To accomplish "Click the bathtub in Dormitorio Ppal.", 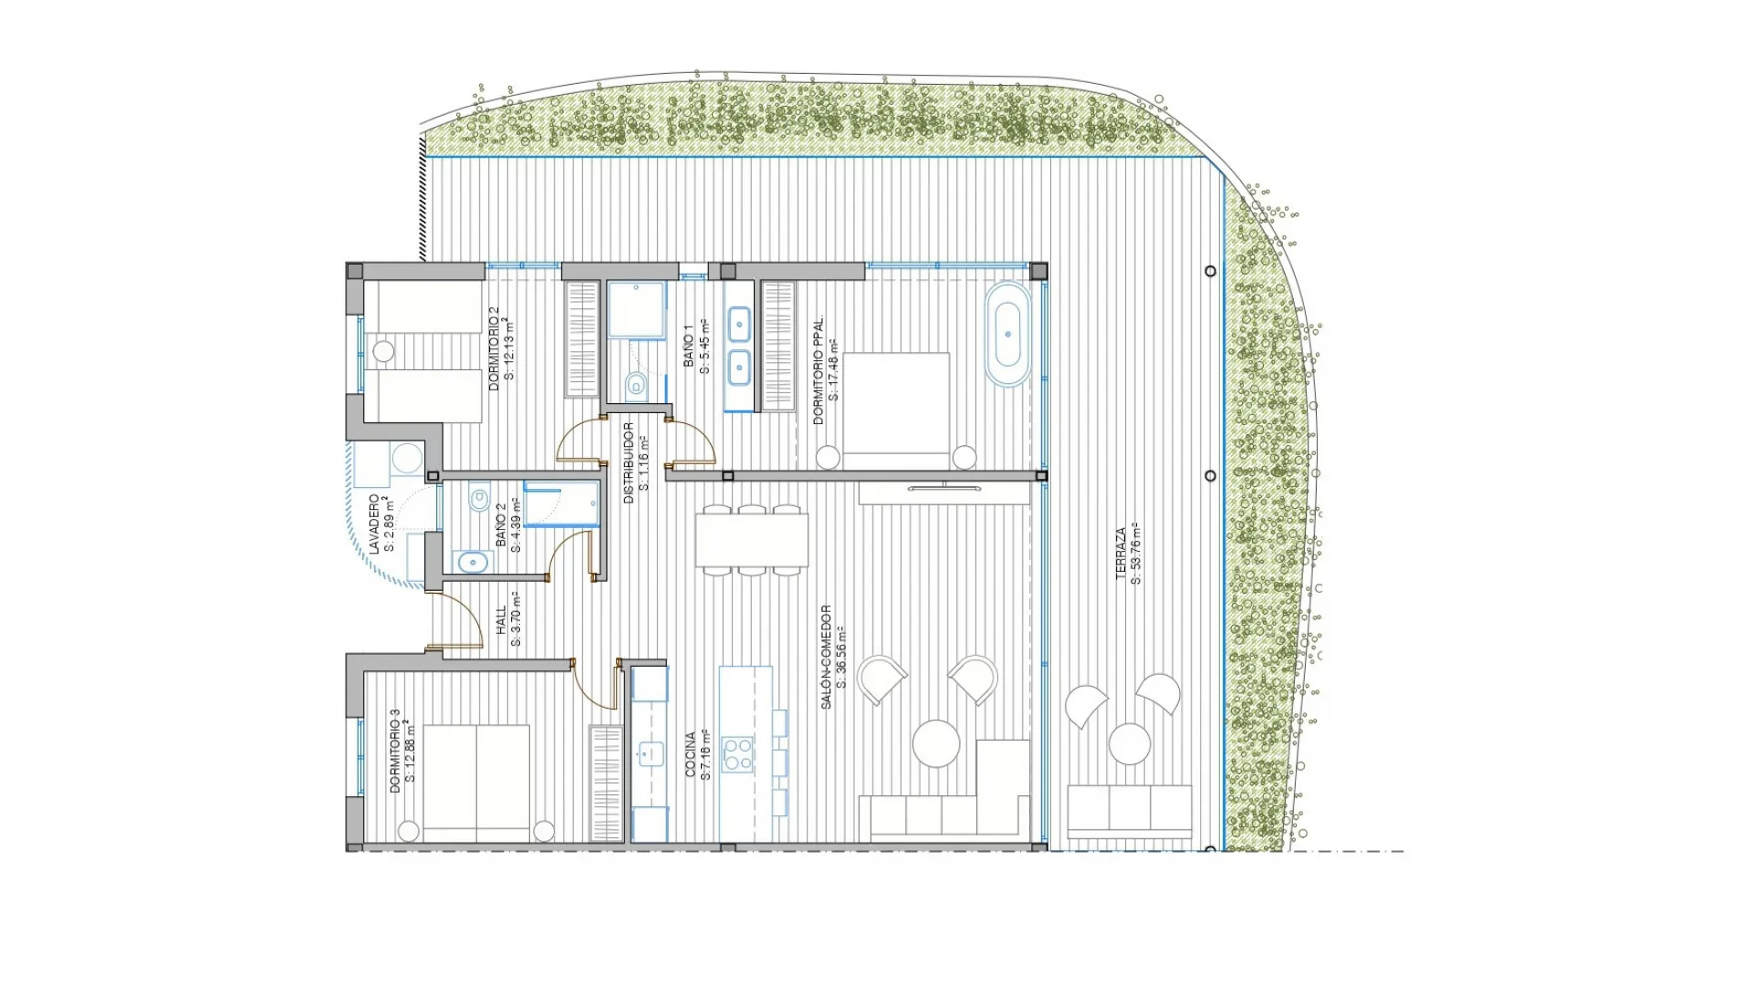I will coord(1007,335).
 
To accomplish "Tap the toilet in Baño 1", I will coord(636,386).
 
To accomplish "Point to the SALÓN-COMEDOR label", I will coord(826,657).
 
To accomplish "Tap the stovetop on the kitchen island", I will coord(737,754).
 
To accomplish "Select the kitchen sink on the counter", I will coord(650,754).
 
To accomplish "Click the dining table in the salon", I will coord(752,540).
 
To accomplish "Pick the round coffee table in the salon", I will coord(936,743).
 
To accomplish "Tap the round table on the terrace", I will coord(1130,744).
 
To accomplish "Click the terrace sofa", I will coord(1130,810).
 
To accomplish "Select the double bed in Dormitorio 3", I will coord(476,783).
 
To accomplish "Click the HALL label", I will coord(501,620).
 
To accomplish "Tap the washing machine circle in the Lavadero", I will coord(406,458).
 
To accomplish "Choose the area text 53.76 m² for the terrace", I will coord(1136,553).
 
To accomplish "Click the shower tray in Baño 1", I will coord(636,309).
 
